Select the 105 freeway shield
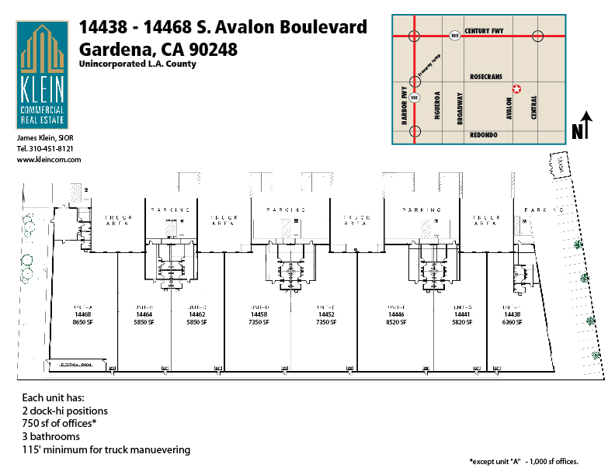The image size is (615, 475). tap(453, 35)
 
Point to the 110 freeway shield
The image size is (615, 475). tap(415, 97)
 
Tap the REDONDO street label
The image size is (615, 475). tap(485, 134)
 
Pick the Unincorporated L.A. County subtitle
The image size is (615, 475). tap(137, 64)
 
